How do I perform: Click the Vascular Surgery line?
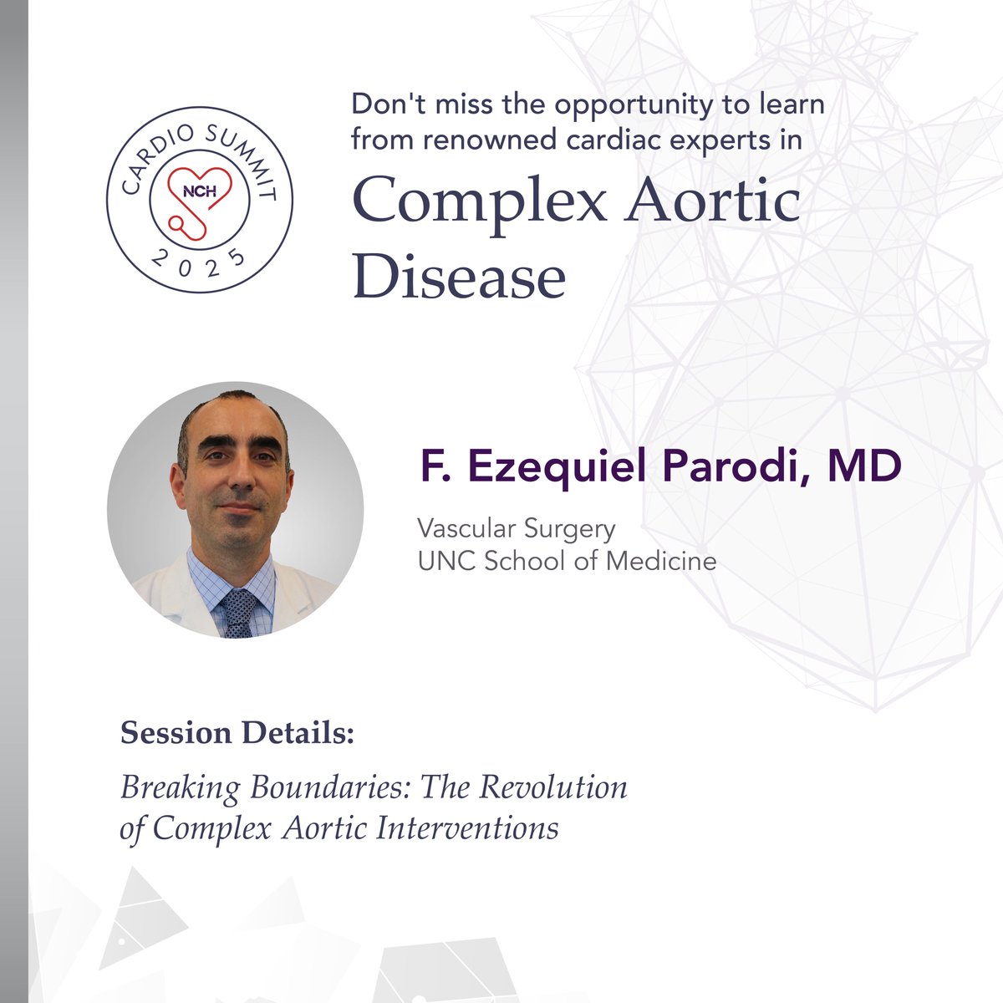click(517, 529)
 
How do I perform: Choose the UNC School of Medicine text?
click(567, 560)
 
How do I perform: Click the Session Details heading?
click(237, 733)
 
